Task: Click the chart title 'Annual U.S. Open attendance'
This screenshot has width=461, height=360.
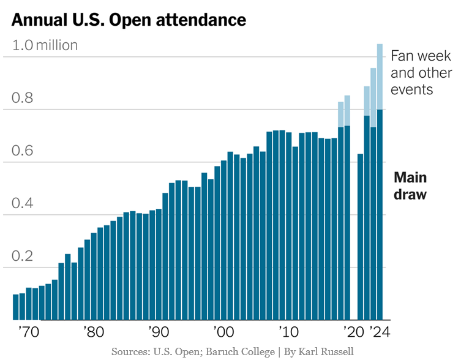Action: (x=129, y=20)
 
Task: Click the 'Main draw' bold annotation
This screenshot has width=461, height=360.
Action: (x=410, y=186)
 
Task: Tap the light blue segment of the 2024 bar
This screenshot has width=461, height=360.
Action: (x=380, y=77)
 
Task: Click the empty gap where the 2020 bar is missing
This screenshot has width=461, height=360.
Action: (x=354, y=245)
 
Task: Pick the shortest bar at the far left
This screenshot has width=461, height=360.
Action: (x=16, y=307)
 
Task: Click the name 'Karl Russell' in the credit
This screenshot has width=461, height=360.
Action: (x=327, y=351)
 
